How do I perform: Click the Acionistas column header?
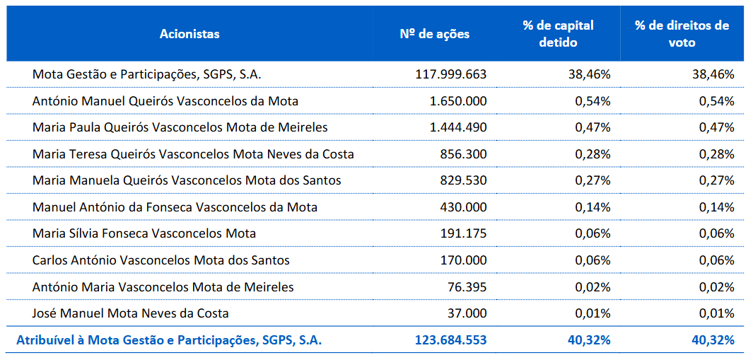point(189,34)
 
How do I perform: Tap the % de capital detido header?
point(558,34)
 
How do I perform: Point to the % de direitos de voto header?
point(682,34)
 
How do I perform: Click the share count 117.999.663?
point(450,74)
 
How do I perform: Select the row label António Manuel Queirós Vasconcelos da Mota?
point(165,101)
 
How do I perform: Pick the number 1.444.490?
point(457,127)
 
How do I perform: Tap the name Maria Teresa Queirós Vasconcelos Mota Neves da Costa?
point(193,154)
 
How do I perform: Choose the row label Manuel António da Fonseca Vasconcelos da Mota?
point(175,207)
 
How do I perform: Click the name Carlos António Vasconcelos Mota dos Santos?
point(161,260)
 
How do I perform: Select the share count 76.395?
point(465,287)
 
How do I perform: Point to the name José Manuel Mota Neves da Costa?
point(131,313)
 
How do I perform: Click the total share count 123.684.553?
point(450,340)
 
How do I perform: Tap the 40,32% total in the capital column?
point(589,340)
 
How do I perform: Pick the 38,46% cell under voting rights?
point(713,74)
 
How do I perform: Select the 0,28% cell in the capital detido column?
point(593,154)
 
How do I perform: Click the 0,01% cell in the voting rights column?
point(716,313)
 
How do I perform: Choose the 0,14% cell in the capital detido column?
point(593,207)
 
